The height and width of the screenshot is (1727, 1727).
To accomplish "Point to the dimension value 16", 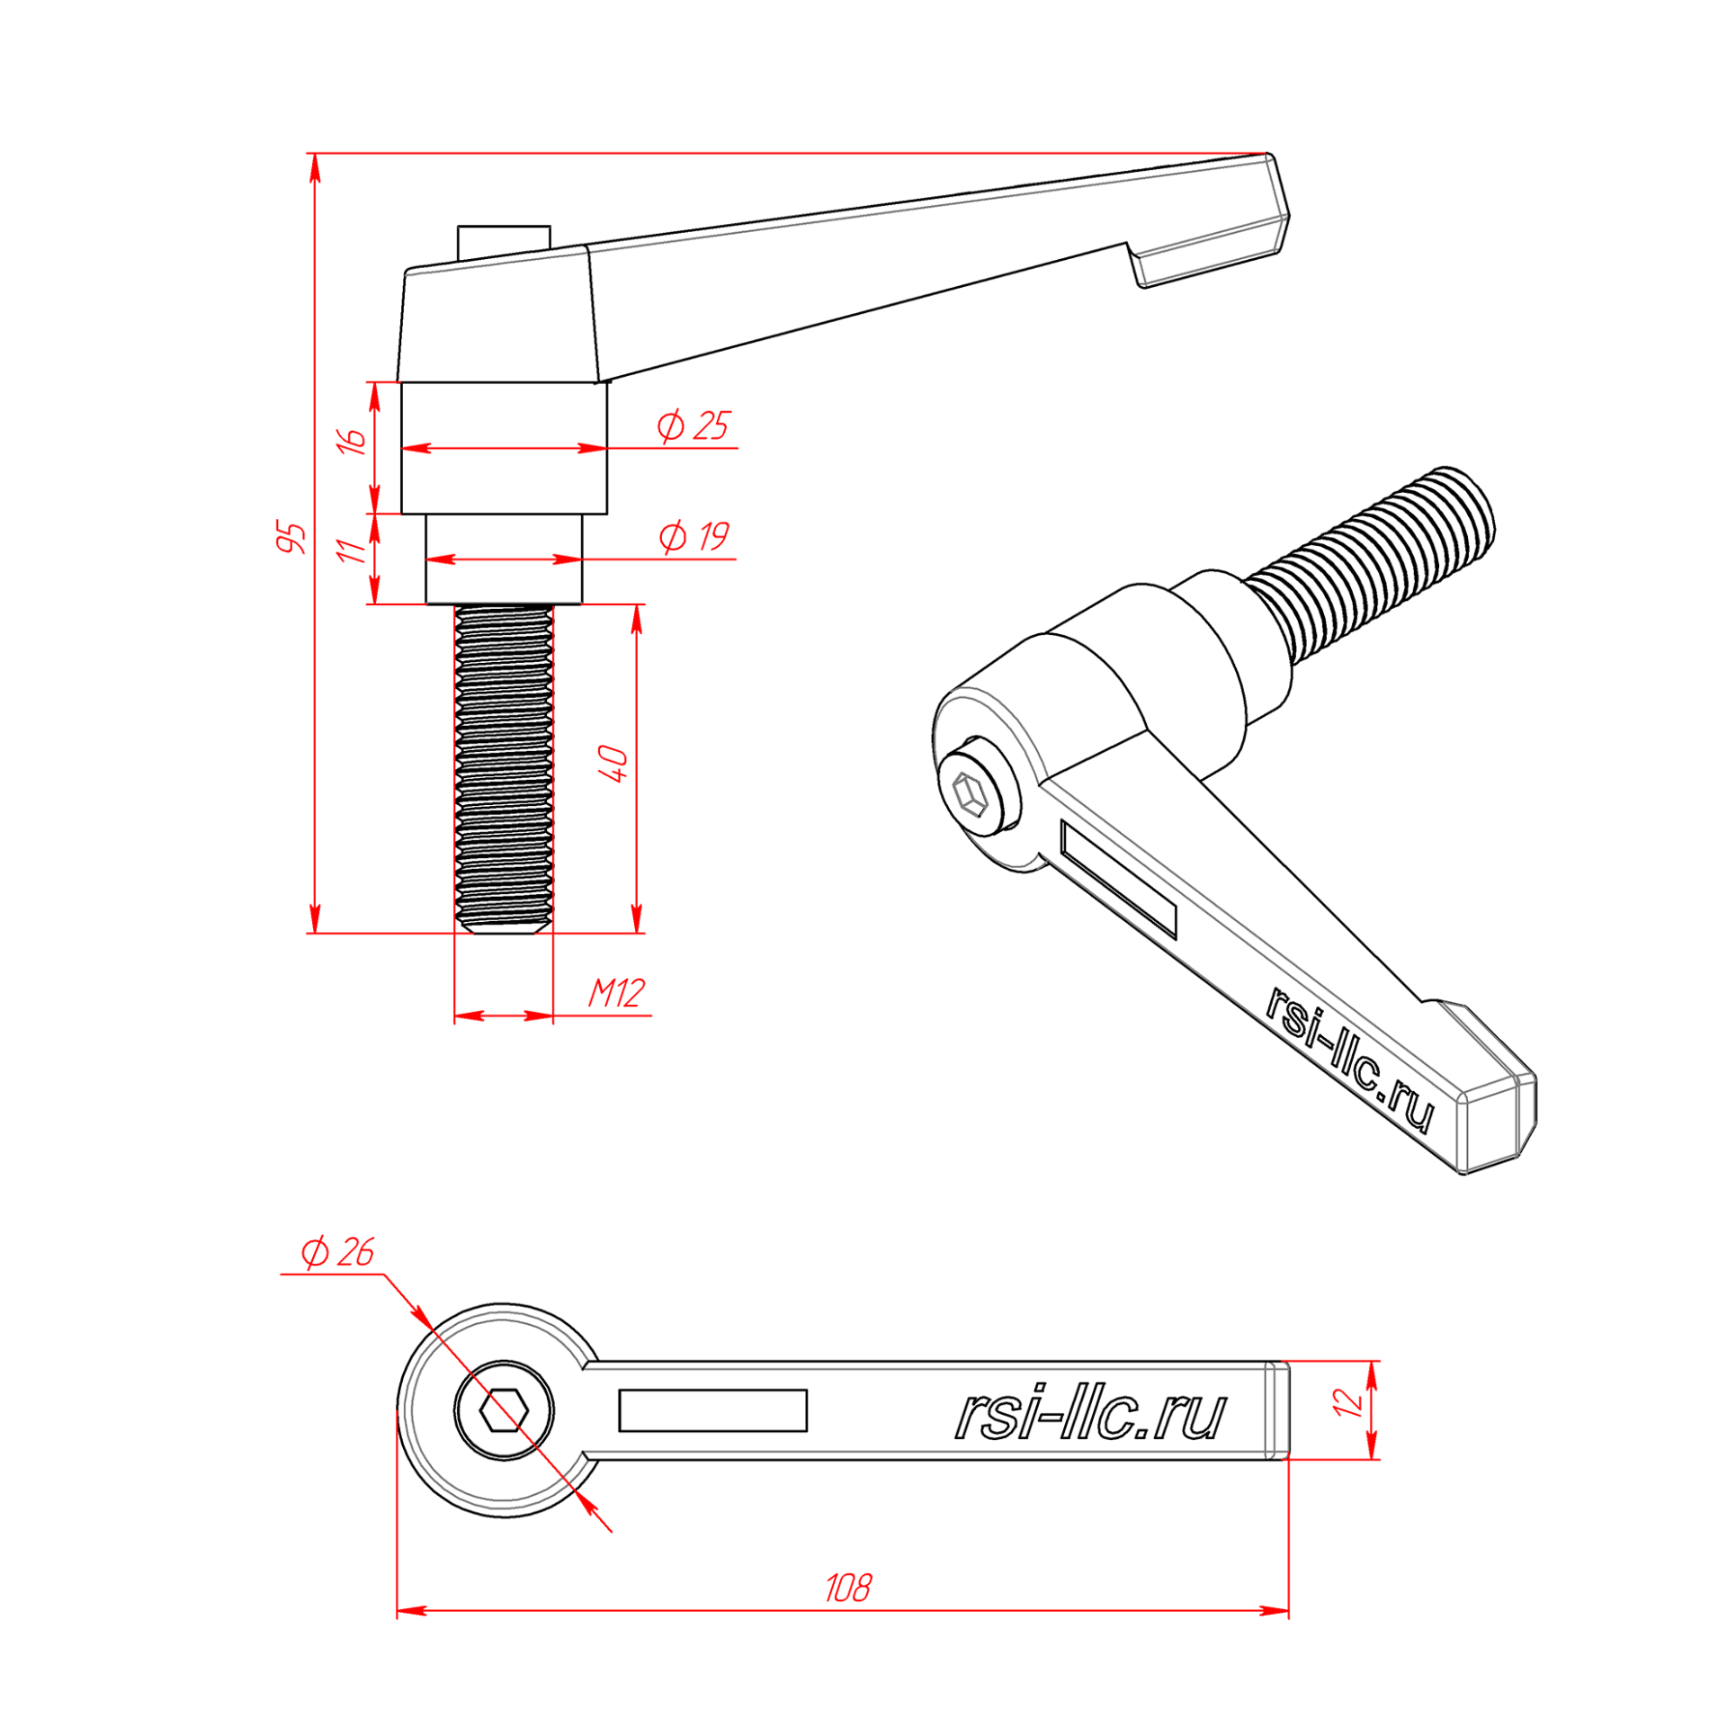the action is tap(353, 440).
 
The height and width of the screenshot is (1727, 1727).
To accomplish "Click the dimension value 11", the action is tap(352, 550).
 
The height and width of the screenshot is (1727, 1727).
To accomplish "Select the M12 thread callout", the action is tap(617, 993).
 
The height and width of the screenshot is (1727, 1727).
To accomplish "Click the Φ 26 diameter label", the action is tap(336, 1252).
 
